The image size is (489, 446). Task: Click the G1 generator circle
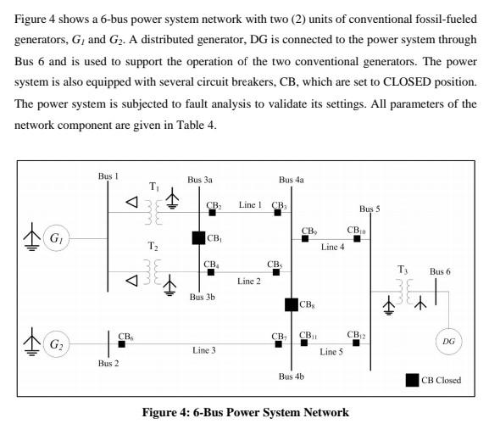click(56, 239)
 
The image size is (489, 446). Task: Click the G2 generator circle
click(56, 344)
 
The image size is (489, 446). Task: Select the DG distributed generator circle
click(448, 341)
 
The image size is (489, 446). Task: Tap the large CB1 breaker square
click(198, 238)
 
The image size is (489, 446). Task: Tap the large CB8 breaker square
click(291, 304)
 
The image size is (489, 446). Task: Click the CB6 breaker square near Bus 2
click(122, 344)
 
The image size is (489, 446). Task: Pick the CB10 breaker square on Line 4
click(357, 239)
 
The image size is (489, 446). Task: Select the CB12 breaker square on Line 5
click(357, 343)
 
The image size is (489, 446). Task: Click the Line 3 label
click(204, 350)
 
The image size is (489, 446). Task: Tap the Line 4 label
click(332, 247)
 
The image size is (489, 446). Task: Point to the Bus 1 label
click(108, 176)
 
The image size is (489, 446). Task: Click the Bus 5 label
click(370, 208)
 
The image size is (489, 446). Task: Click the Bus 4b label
click(291, 376)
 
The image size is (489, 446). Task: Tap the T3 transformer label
click(403, 269)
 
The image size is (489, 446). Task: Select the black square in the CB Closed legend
click(412, 380)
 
